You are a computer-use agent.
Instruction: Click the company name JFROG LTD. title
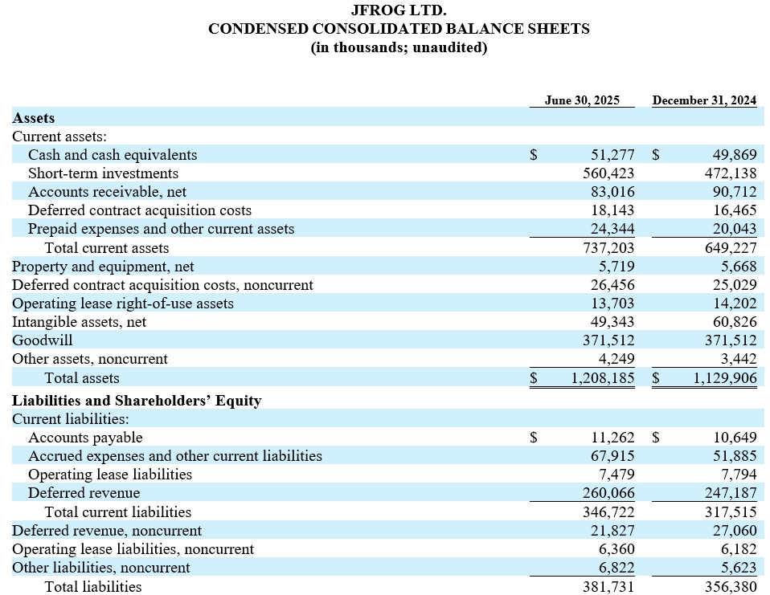click(399, 10)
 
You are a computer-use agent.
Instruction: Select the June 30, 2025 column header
click(582, 100)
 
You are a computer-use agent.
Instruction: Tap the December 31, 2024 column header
click(704, 100)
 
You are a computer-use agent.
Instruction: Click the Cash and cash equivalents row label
click(113, 155)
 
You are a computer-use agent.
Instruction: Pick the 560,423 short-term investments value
click(608, 173)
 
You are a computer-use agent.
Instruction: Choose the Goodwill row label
click(43, 340)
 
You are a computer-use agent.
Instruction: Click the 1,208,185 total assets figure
click(603, 377)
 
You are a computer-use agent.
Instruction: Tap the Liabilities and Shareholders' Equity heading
click(137, 400)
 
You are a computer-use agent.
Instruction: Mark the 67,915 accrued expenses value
click(612, 456)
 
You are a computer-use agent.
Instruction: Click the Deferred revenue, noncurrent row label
click(107, 531)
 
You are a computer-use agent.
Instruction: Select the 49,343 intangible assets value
click(612, 322)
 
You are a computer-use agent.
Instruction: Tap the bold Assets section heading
click(34, 118)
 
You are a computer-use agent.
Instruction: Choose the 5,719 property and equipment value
click(616, 267)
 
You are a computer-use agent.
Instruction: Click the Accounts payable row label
click(85, 438)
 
